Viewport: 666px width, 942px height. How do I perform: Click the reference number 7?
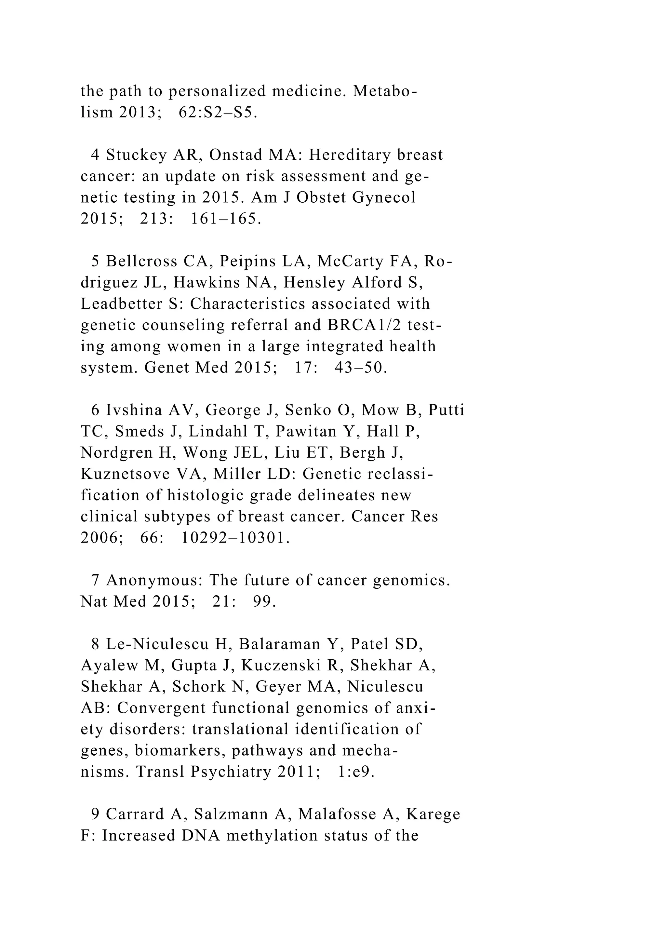pyautogui.click(x=95, y=580)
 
